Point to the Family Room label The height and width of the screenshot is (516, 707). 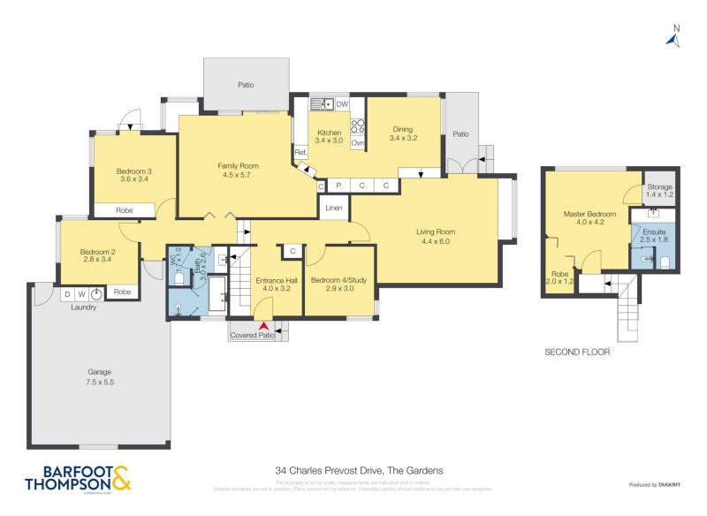(238, 165)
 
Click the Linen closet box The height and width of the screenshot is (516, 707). (333, 208)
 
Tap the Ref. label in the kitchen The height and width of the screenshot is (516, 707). (300, 153)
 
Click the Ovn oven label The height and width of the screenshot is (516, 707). (358, 142)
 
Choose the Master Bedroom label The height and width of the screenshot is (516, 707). (589, 214)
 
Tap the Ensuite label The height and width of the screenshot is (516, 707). (654, 231)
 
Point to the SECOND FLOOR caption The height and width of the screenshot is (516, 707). (576, 352)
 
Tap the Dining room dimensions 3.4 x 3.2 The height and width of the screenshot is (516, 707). (404, 139)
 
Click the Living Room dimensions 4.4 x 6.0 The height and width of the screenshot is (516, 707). (435, 241)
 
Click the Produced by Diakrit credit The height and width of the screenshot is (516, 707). (654, 485)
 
